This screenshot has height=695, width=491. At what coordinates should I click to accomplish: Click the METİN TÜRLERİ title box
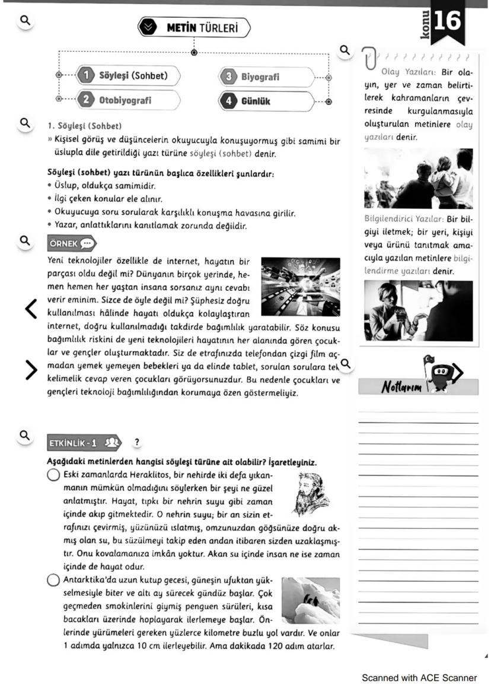194,27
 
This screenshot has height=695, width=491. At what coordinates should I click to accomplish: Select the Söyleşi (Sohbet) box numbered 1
129,76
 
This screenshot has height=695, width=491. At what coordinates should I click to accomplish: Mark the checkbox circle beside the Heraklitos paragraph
53,476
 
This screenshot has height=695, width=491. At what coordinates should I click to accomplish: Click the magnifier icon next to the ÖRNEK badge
25,240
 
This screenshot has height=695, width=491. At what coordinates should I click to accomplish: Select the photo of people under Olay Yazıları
418,178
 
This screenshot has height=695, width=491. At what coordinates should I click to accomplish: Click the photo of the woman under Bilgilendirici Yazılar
418,310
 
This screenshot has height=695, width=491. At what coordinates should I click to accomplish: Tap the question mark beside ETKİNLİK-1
137,442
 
